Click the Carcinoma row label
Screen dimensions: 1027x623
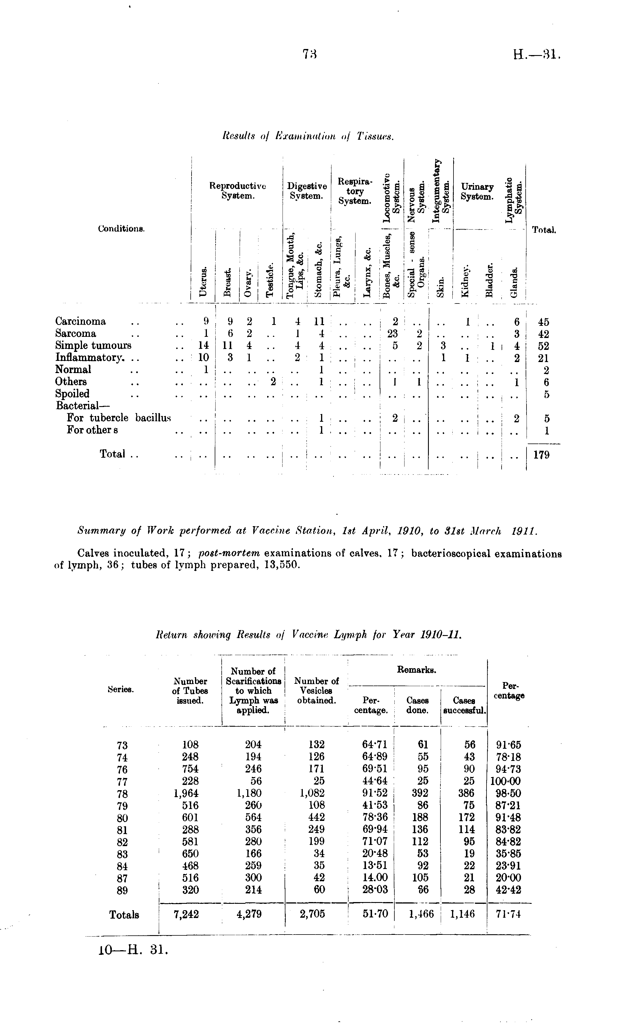(x=81, y=321)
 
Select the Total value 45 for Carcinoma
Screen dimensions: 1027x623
(x=543, y=322)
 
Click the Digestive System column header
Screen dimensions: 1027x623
(x=307, y=190)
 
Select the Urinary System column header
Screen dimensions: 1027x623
(x=477, y=191)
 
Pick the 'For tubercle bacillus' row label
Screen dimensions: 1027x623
(x=119, y=418)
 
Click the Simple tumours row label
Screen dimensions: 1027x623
(x=93, y=346)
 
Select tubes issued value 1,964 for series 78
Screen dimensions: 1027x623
(x=186, y=793)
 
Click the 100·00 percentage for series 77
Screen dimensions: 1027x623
(x=505, y=781)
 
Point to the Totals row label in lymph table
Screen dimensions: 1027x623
(x=124, y=915)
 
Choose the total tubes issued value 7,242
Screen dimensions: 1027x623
(x=186, y=914)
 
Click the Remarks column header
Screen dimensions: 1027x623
(x=417, y=670)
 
